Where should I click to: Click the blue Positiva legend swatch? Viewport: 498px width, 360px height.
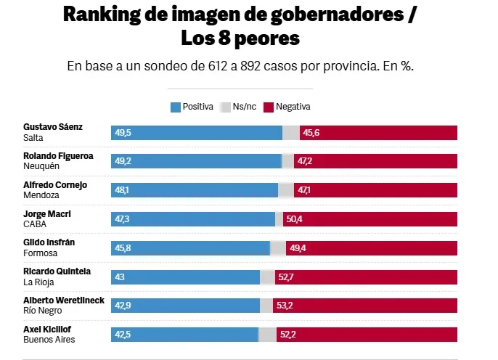click(175, 107)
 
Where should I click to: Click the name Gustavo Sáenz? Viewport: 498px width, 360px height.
click(53, 127)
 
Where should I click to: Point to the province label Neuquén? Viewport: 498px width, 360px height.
click(41, 166)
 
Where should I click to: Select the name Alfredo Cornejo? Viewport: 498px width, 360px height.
click(55, 185)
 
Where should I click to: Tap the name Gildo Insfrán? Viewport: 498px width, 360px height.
click(49, 242)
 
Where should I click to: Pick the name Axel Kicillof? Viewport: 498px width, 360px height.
click(47, 330)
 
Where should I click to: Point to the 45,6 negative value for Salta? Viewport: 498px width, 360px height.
click(311, 133)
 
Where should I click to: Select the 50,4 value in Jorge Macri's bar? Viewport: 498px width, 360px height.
click(295, 219)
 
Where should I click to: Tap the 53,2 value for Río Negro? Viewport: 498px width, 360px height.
click(284, 306)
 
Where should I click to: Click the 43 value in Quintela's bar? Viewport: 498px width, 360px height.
click(119, 277)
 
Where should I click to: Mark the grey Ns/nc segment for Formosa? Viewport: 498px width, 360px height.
click(277, 248)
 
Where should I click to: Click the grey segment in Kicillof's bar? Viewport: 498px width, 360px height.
click(267, 335)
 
